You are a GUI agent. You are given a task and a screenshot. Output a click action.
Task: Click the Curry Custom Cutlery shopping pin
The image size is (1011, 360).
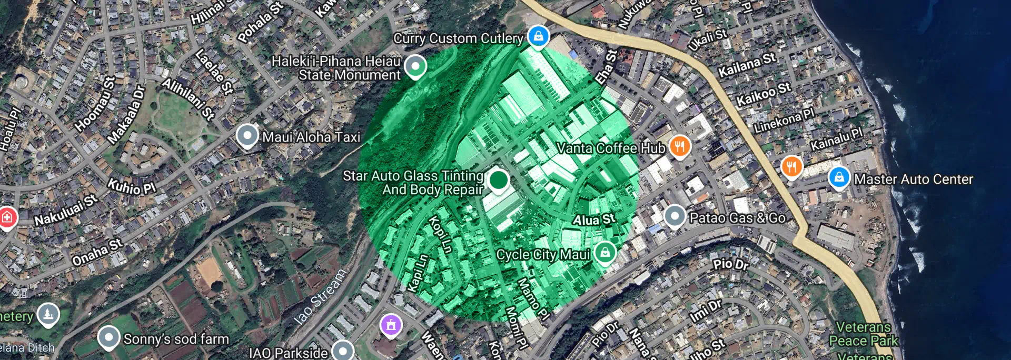tap(538, 37)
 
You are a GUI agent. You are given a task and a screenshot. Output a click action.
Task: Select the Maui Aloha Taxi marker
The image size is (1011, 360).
tap(247, 136)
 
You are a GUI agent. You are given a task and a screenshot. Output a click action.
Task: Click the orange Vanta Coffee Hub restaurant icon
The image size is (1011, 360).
tap(680, 146)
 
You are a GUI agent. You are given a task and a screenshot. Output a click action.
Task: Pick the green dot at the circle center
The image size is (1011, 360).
tap(498, 180)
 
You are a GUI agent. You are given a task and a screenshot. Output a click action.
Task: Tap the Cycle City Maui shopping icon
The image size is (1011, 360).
tap(605, 253)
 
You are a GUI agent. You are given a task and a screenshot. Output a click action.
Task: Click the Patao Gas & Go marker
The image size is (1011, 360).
tap(675, 216)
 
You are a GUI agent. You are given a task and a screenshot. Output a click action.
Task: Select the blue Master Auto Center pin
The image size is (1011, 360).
tap(839, 177)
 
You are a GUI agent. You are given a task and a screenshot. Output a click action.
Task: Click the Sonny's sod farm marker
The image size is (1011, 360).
tap(109, 337)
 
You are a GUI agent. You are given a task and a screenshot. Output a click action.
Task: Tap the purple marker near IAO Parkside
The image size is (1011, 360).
tap(391, 325)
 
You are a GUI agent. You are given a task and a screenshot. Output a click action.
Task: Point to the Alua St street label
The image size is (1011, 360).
tap(594, 219)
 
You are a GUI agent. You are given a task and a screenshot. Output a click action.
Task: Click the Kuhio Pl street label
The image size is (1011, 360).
tap(132, 187)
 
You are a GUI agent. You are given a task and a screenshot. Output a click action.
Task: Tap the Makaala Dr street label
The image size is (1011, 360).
tap(126, 115)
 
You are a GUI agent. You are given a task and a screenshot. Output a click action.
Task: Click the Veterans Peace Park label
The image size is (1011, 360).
tap(864, 334)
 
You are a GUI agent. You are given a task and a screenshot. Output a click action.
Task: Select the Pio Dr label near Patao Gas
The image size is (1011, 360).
tap(730, 264)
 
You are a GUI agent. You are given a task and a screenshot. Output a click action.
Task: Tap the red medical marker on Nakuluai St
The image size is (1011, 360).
tap(7, 217)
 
